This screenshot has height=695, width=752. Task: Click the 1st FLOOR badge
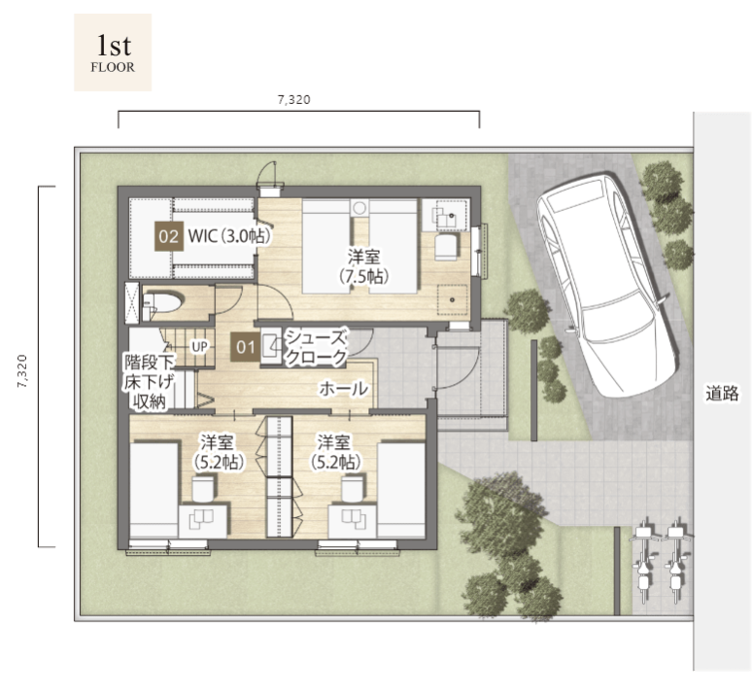coord(113,52)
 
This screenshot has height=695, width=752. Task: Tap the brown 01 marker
coord(245,347)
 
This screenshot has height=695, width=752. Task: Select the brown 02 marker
coord(169,236)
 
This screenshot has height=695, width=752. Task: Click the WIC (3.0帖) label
coord(229,236)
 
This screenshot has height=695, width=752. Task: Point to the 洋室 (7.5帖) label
coord(363,267)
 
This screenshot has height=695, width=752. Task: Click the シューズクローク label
coord(316,348)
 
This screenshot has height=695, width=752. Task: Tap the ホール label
coord(343,389)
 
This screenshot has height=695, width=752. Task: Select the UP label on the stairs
coord(199,346)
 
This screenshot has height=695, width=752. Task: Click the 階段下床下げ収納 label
coord(150,382)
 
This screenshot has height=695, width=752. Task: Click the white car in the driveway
coord(606,284)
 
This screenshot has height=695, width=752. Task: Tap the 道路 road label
coord(722,394)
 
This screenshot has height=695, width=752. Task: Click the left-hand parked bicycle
coord(644,558)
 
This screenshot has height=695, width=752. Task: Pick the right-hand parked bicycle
coord(676,558)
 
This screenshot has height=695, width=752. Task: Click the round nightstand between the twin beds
coord(359,208)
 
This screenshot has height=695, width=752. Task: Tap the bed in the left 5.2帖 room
coord(154,490)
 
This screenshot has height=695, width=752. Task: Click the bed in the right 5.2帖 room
coord(402,490)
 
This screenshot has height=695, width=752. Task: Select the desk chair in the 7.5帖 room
coord(446,247)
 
